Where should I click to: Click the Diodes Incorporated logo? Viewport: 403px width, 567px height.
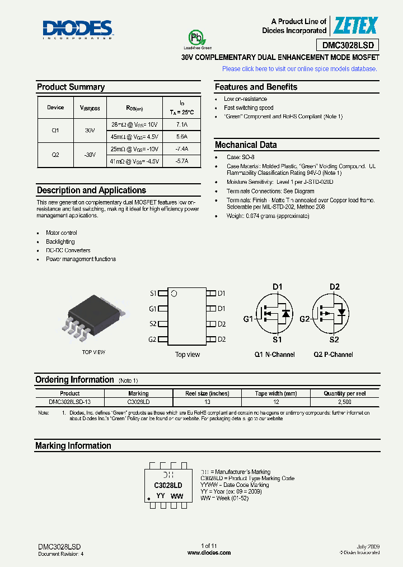click(x=78, y=29)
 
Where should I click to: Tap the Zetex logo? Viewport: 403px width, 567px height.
click(x=355, y=25)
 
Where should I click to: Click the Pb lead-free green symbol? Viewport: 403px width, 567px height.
click(x=195, y=38)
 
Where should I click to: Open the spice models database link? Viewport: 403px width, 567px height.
click(x=299, y=69)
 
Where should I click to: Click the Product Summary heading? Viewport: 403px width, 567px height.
click(x=71, y=87)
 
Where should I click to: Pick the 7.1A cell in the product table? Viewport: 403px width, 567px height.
click(x=181, y=124)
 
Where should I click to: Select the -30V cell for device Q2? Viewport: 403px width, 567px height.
click(x=90, y=155)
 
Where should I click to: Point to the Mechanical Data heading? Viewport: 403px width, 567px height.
click(x=246, y=145)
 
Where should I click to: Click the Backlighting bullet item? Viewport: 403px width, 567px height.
click(x=60, y=241)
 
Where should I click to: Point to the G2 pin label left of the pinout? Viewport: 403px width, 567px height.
click(x=152, y=340)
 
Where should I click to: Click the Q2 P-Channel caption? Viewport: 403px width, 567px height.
click(x=333, y=355)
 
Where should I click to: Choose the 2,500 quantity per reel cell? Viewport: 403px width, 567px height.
click(x=345, y=402)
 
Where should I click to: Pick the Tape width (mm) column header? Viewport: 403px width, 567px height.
click(x=276, y=393)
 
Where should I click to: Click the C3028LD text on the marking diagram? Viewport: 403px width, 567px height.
click(x=168, y=485)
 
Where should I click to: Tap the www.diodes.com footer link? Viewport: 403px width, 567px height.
click(x=209, y=552)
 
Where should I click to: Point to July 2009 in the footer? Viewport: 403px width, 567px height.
click(x=368, y=546)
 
